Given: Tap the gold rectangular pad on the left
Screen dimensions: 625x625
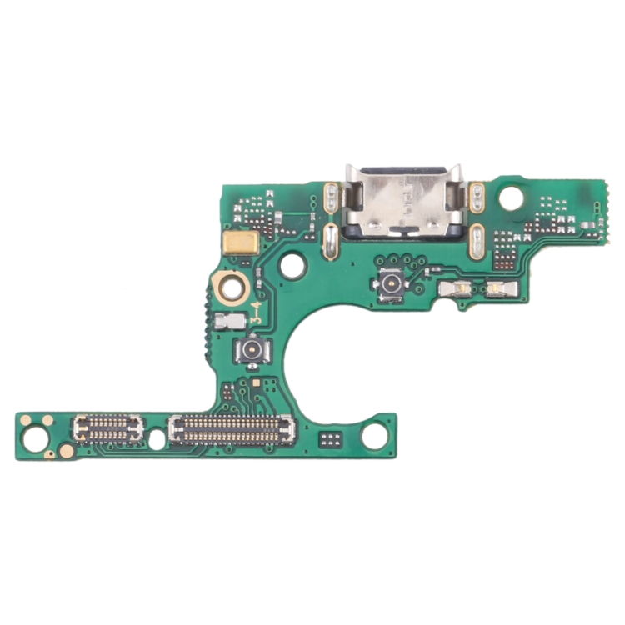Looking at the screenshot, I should pyautogui.click(x=241, y=243).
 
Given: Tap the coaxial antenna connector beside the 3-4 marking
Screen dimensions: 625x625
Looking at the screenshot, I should pyautogui.click(x=251, y=350).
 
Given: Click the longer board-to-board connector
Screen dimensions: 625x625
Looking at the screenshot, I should pyautogui.click(x=232, y=429).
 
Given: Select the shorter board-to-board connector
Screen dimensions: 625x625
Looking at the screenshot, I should pyautogui.click(x=108, y=428).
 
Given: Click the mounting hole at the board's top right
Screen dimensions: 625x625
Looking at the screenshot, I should pyautogui.click(x=512, y=198).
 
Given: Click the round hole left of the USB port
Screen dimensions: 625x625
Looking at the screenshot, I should pyautogui.click(x=292, y=266).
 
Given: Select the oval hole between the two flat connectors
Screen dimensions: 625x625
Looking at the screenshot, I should pyautogui.click(x=157, y=439).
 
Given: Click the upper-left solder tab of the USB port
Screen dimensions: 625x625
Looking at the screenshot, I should pyautogui.click(x=331, y=197).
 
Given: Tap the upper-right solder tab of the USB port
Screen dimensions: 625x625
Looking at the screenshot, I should pyautogui.click(x=477, y=197).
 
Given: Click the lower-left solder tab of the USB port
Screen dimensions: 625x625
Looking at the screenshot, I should pyautogui.click(x=330, y=242).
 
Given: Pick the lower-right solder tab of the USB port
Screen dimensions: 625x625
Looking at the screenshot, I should pyautogui.click(x=477, y=242).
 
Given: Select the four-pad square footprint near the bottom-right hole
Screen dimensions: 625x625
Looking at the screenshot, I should pyautogui.click(x=331, y=438).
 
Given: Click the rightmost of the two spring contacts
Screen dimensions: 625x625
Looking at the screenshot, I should pyautogui.click(x=500, y=289).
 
